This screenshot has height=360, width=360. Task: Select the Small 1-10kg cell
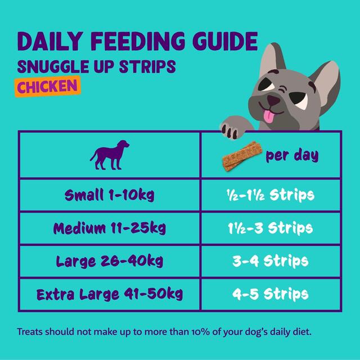point(110,196)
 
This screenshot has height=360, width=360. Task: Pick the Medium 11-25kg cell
point(110,228)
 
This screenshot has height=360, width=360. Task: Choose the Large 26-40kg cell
point(110,261)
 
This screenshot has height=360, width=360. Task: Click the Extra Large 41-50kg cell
point(110,294)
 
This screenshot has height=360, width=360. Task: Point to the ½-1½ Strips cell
point(270,196)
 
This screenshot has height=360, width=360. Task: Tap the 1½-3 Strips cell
point(270,228)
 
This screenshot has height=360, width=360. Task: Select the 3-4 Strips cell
point(270,261)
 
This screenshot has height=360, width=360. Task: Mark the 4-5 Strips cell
point(270,294)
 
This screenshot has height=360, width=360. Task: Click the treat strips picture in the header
point(240,157)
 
